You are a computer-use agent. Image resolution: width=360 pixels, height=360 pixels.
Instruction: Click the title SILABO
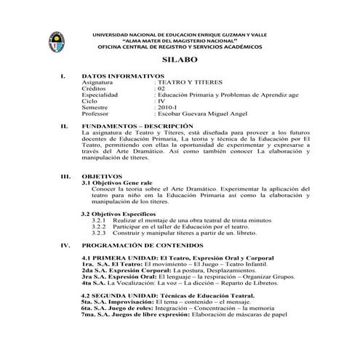tap(180, 62)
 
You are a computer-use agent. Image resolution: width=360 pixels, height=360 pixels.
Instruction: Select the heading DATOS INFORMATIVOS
tap(123, 76)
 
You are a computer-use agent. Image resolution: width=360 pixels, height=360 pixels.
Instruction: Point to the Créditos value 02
tap(161, 89)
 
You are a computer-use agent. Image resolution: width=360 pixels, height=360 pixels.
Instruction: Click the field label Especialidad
tap(102, 95)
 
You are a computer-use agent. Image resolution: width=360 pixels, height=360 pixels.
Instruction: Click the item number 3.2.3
tap(100, 233)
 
